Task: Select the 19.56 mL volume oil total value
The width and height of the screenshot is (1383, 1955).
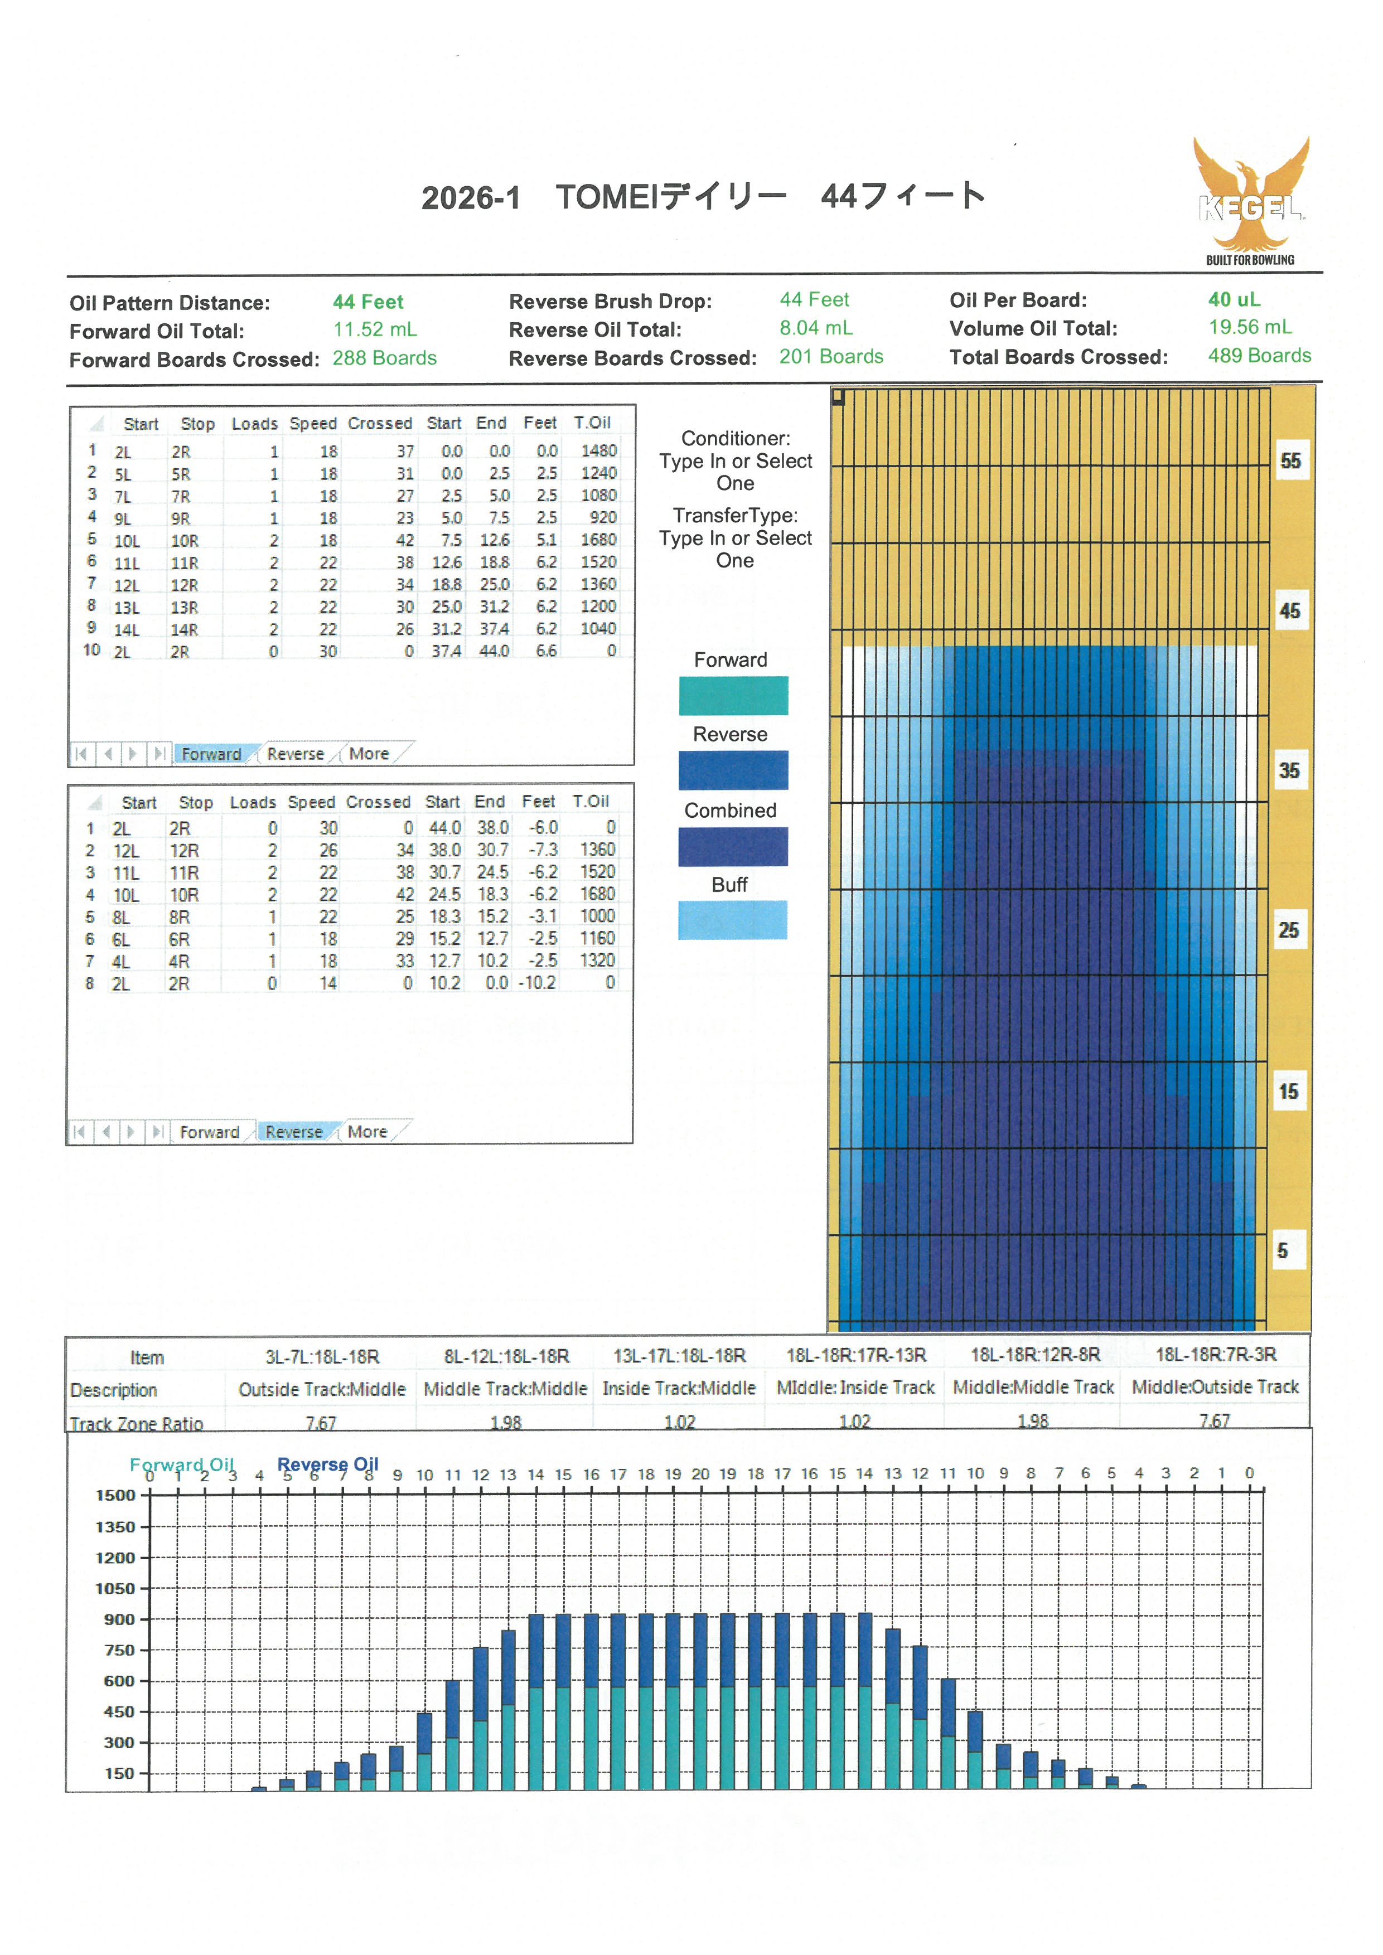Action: click(x=1249, y=327)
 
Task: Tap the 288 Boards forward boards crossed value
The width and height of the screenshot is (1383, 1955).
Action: click(x=384, y=358)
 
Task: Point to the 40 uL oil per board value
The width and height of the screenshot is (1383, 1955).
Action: click(x=1234, y=300)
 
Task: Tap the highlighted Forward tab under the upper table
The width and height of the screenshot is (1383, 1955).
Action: click(x=211, y=754)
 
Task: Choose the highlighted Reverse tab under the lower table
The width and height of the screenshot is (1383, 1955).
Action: click(x=294, y=1132)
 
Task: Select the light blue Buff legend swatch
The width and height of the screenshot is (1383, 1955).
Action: click(x=732, y=920)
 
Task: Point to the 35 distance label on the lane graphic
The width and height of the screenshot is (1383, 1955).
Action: click(x=1288, y=770)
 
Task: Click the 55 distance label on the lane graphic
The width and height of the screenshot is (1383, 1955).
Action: click(x=1290, y=460)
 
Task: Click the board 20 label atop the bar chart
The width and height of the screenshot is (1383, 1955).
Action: click(x=700, y=1474)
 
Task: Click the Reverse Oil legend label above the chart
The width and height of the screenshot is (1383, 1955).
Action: click(x=328, y=1464)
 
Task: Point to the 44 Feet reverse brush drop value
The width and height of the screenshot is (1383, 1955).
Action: click(x=814, y=300)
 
